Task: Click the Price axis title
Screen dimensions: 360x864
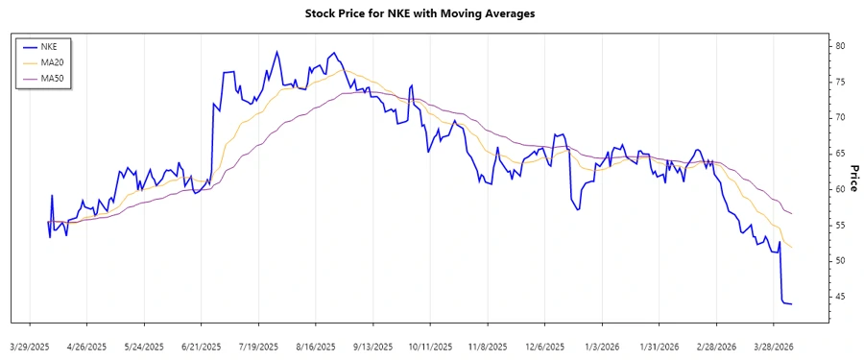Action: pyautogui.click(x=852, y=178)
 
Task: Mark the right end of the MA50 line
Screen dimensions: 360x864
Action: pyautogui.click(x=792, y=212)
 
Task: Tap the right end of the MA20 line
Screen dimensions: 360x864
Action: pyautogui.click(x=792, y=247)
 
